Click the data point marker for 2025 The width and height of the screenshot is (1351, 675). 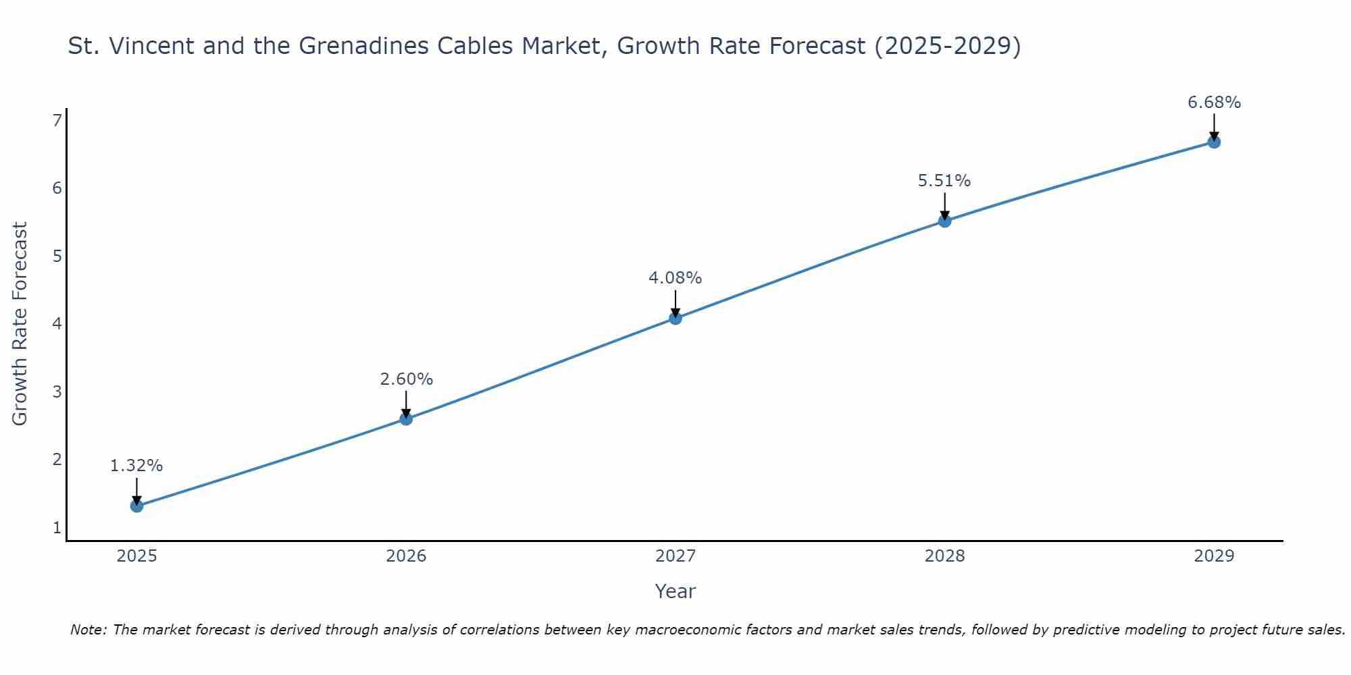pos(136,506)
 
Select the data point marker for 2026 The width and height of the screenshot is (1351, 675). pos(406,418)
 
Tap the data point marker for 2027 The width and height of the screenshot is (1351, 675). pos(675,318)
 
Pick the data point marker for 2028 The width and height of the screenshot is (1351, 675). pos(944,221)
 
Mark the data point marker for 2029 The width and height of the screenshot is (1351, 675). pos(1214,142)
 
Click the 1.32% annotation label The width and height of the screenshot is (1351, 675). pos(136,466)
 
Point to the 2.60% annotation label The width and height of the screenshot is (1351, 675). pos(406,379)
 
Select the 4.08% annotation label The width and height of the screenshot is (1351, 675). pos(675,278)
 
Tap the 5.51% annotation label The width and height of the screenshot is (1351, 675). pos(944,181)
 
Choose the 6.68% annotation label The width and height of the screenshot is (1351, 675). pos(1214,103)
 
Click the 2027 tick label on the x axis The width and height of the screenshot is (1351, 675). pos(675,556)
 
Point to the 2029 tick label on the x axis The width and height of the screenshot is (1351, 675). pos(1214,556)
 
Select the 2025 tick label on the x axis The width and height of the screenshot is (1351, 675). pos(136,556)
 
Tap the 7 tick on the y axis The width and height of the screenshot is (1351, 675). pos(57,120)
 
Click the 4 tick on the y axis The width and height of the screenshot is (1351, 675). pos(57,324)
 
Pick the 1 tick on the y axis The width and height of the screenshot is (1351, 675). pos(57,527)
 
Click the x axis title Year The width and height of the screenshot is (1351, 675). pos(675,591)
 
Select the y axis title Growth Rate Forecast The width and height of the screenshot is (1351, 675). pos(20,324)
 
